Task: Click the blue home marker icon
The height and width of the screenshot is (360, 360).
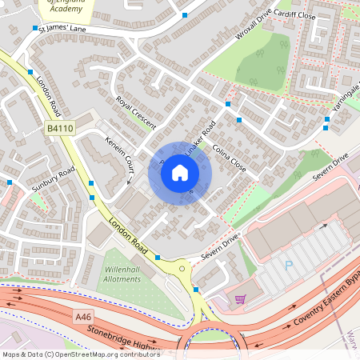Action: pos(180,172)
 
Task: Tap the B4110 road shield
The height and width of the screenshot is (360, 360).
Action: pos(59,127)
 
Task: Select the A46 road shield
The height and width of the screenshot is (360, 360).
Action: pos(84,318)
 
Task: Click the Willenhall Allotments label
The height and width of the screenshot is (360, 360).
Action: pos(122,274)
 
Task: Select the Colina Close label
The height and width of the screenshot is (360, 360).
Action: pos(228,157)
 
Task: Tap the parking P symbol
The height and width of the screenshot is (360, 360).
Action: pos(290,264)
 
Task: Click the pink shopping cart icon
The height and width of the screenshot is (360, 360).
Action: pos(240,299)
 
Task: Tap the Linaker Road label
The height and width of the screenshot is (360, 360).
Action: pos(201,138)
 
